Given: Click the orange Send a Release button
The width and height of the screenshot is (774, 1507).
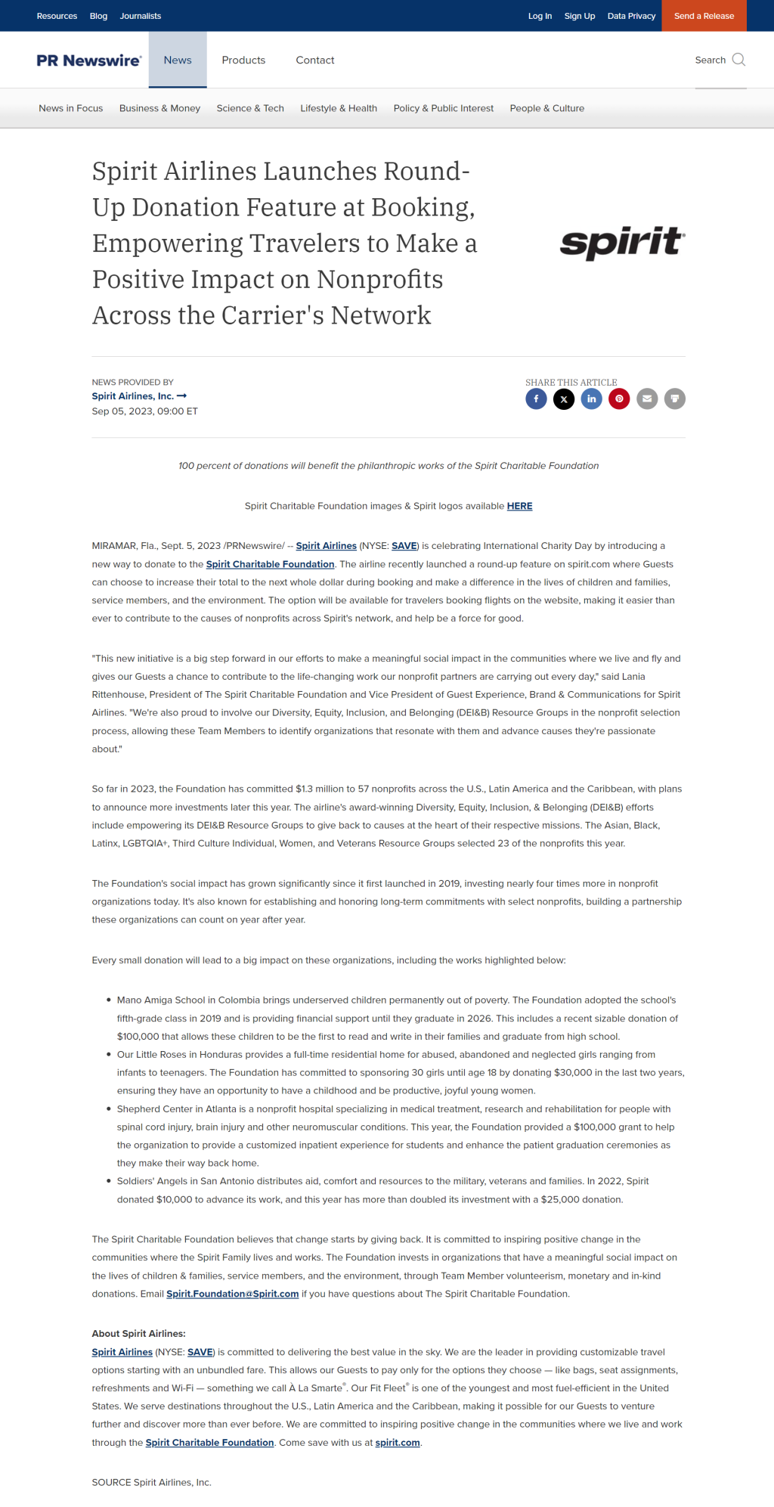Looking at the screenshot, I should [x=704, y=16].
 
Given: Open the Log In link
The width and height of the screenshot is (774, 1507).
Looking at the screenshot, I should [x=540, y=16].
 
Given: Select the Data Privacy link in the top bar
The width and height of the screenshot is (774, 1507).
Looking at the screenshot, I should [x=631, y=16].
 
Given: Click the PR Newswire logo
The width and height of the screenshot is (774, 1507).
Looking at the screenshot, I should [x=88, y=60].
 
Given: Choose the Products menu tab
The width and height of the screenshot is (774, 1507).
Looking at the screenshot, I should [x=243, y=60].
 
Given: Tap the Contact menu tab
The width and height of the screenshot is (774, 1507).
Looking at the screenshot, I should [x=315, y=60].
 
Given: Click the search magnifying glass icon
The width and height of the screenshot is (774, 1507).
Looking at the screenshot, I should [x=738, y=60].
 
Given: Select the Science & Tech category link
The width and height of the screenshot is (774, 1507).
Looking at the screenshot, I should [x=250, y=108].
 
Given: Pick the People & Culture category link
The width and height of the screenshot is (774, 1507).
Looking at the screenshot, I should [x=546, y=108].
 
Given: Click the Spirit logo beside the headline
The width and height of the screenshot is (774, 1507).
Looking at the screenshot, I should [x=622, y=242].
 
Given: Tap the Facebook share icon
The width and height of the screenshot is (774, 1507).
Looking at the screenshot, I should [x=536, y=398].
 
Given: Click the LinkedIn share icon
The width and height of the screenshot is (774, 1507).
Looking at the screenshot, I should [x=591, y=398].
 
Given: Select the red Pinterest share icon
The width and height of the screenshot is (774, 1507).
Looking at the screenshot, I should [x=619, y=398].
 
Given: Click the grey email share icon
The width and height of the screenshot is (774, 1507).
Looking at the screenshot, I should [x=647, y=398].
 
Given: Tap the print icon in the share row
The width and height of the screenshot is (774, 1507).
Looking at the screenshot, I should [x=675, y=398].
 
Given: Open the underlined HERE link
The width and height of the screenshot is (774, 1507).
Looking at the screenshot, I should [x=519, y=506].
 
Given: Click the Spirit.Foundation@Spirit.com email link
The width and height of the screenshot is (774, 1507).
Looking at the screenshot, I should [x=233, y=1294].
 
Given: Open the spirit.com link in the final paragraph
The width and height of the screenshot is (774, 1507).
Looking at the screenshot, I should [x=398, y=1443].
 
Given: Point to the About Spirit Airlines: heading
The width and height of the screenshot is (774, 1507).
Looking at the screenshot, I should [x=138, y=1334].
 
